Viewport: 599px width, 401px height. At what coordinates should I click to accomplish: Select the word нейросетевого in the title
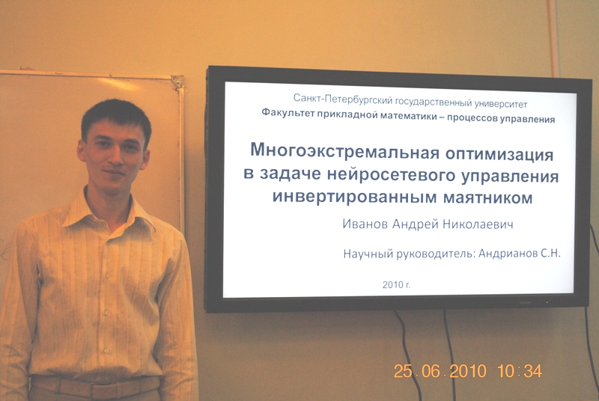click(392, 175)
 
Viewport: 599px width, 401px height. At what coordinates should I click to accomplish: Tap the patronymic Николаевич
click(478, 224)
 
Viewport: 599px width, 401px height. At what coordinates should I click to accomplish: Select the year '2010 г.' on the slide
click(396, 284)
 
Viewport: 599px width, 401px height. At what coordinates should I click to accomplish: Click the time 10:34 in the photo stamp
click(520, 371)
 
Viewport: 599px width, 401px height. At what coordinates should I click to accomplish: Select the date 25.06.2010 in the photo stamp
click(440, 371)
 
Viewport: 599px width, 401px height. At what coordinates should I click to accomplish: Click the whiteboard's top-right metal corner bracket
click(178, 82)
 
